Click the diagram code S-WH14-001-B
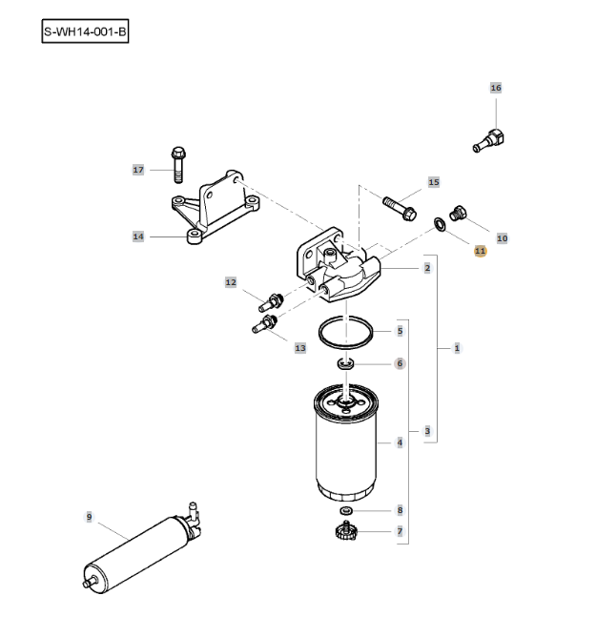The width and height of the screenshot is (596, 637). [x=85, y=32]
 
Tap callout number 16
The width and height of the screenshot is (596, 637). [x=495, y=88]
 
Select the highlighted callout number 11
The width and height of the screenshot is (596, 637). [x=480, y=251]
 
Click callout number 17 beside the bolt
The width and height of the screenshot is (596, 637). [x=137, y=170]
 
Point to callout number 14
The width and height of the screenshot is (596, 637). [x=137, y=236]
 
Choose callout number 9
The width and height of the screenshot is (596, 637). [x=89, y=516]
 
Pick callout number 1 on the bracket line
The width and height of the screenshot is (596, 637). [x=457, y=349]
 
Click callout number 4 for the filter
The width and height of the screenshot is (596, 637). [x=400, y=442]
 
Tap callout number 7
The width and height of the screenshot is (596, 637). [x=400, y=531]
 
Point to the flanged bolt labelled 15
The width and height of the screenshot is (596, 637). [x=398, y=201]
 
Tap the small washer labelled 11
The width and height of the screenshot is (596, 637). [x=438, y=224]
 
